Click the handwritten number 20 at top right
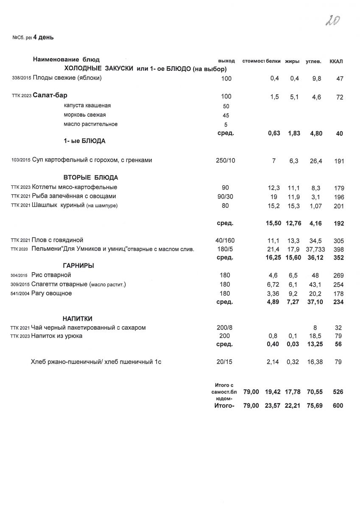333,20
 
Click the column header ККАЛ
336,62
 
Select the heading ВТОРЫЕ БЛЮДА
91,178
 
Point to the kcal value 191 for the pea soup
338,161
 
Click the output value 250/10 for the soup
225,161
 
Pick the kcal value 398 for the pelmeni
338,249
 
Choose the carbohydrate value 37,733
315,249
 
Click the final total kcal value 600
338,406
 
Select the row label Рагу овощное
52,294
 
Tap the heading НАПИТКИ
78,319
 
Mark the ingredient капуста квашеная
87,106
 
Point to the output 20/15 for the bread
225,362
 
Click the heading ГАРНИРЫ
78,266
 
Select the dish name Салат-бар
50,96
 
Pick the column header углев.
313,62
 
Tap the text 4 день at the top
46,37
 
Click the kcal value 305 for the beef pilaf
338,241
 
